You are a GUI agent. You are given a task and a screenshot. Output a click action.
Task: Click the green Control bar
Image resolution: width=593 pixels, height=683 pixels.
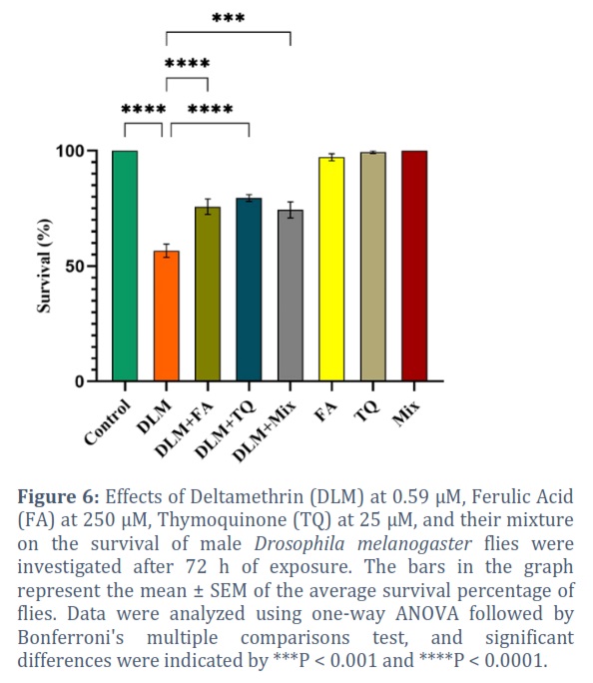pyautogui.click(x=125, y=266)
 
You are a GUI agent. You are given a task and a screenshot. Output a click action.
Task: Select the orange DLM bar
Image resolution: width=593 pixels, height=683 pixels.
pyautogui.click(x=167, y=316)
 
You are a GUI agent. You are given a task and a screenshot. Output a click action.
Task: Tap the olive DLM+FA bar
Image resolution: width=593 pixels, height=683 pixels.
pyautogui.click(x=208, y=294)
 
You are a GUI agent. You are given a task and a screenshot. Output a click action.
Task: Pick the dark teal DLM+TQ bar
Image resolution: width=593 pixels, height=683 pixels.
pyautogui.click(x=249, y=290)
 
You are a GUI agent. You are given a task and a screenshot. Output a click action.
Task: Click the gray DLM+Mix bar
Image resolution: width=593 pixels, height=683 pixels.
pyautogui.click(x=291, y=296)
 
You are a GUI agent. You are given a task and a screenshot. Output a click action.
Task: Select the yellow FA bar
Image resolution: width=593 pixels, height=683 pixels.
pyautogui.click(x=331, y=270)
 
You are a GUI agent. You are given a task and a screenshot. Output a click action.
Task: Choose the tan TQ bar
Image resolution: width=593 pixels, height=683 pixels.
pyautogui.click(x=373, y=267)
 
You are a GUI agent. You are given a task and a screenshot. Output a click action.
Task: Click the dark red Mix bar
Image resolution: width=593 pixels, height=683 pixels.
pyautogui.click(x=414, y=266)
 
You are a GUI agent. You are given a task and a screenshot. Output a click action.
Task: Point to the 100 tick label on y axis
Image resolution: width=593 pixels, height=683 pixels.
pyautogui.click(x=70, y=151)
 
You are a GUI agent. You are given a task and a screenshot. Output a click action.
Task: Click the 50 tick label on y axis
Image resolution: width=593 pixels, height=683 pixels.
pyautogui.click(x=75, y=267)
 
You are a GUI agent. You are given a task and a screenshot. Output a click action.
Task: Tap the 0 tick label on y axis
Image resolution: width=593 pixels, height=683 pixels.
pyautogui.click(x=79, y=381)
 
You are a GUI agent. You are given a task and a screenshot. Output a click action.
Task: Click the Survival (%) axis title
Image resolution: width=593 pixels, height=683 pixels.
pyautogui.click(x=44, y=266)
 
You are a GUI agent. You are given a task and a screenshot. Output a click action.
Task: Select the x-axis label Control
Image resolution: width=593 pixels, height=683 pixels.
pyautogui.click(x=107, y=422)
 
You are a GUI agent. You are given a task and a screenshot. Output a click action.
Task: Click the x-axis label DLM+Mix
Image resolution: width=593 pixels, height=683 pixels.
pyautogui.click(x=264, y=430)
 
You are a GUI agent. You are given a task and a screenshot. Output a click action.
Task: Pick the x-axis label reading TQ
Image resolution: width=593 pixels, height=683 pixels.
pyautogui.click(x=366, y=411)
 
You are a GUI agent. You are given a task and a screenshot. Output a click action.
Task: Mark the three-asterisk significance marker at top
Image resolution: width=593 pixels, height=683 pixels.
pyautogui.click(x=229, y=18)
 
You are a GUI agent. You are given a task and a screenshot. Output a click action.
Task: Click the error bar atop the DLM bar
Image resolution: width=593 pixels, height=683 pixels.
pyautogui.click(x=167, y=251)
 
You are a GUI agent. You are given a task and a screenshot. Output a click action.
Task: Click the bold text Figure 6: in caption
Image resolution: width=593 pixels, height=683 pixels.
pyautogui.click(x=59, y=496)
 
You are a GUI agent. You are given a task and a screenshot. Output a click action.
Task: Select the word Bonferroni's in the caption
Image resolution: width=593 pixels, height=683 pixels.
pyautogui.click(x=71, y=638)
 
